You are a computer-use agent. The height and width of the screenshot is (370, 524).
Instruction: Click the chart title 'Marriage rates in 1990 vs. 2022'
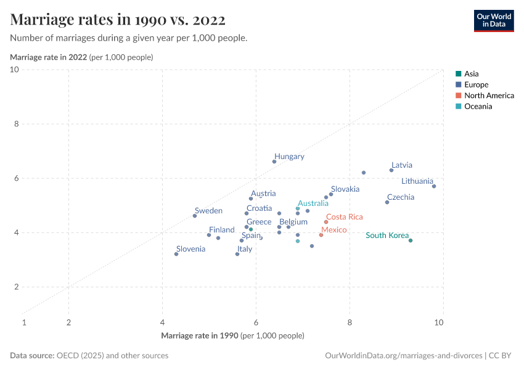click(x=118, y=20)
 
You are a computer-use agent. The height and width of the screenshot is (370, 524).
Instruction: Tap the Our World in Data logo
click(x=493, y=20)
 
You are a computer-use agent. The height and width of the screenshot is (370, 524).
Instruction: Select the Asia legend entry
click(x=471, y=73)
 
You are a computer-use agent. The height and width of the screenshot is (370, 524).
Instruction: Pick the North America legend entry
click(x=489, y=96)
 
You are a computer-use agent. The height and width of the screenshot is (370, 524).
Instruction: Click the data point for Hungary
click(x=274, y=162)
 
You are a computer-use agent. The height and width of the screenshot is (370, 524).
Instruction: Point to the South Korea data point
click(x=411, y=240)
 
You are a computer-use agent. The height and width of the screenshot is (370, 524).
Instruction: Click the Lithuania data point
click(x=434, y=186)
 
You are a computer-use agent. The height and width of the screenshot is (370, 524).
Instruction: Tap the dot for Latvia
click(x=391, y=170)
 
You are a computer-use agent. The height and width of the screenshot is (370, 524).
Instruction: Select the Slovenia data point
click(x=176, y=254)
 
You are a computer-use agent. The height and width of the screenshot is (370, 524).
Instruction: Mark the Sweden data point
click(x=195, y=216)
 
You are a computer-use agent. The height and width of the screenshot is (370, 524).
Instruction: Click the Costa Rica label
click(x=344, y=217)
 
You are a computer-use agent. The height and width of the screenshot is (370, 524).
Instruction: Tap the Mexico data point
click(x=321, y=235)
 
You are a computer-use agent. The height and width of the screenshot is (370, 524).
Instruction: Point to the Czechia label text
click(x=401, y=197)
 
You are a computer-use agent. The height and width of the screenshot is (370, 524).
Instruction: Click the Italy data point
click(x=237, y=254)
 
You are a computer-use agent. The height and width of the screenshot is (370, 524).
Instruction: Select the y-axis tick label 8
click(x=15, y=124)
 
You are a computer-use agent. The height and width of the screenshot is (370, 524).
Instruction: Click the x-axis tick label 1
click(x=24, y=322)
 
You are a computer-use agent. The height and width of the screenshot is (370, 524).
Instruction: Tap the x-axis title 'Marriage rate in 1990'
click(x=199, y=336)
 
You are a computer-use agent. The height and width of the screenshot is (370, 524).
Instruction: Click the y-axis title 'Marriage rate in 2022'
click(x=49, y=57)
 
